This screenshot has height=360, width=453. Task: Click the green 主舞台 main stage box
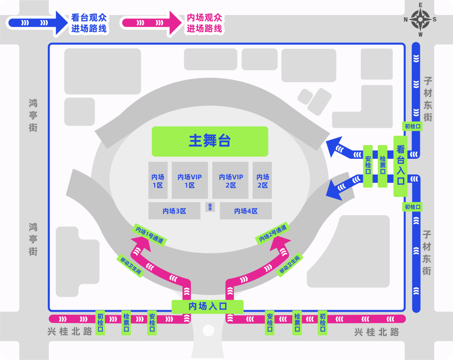tap(210, 141)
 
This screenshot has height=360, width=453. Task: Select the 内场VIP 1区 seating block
tap(190, 181)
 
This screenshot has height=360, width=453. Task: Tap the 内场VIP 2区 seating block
tap(231, 181)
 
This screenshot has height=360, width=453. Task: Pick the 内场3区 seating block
tap(174, 211)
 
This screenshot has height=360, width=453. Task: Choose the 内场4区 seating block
tap(246, 211)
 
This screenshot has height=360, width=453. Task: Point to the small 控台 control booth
tap(210, 207)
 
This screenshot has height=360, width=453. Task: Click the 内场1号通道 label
tap(150, 235)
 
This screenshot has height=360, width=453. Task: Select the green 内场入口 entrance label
tap(208, 306)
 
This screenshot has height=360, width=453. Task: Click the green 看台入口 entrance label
tap(401, 166)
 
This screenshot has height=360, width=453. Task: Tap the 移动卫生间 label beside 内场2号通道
tap(289, 265)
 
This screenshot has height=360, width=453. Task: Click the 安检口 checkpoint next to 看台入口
tap(368, 166)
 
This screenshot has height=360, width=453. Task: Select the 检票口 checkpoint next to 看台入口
tap(383, 166)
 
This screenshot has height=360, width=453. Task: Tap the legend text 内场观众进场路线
tap(204, 23)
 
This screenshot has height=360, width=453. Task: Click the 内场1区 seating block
tap(158, 181)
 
